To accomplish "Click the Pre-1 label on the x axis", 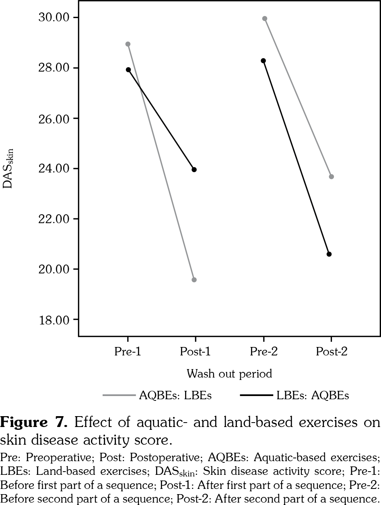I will tap(128, 352).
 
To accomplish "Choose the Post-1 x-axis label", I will tap(195, 352).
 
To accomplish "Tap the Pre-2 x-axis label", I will tap(264, 352).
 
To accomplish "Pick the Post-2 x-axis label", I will tap(331, 352).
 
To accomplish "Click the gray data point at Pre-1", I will tap(128, 44).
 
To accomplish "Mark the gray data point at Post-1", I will tap(194, 280).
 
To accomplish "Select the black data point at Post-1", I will tap(194, 170).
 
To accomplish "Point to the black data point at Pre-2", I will tap(263, 61).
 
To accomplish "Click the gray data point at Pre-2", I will tap(264, 18).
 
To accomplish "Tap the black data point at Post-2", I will tap(329, 254).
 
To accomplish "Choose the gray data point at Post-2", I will tap(331, 177).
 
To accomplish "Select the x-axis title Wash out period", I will tap(229, 374).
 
